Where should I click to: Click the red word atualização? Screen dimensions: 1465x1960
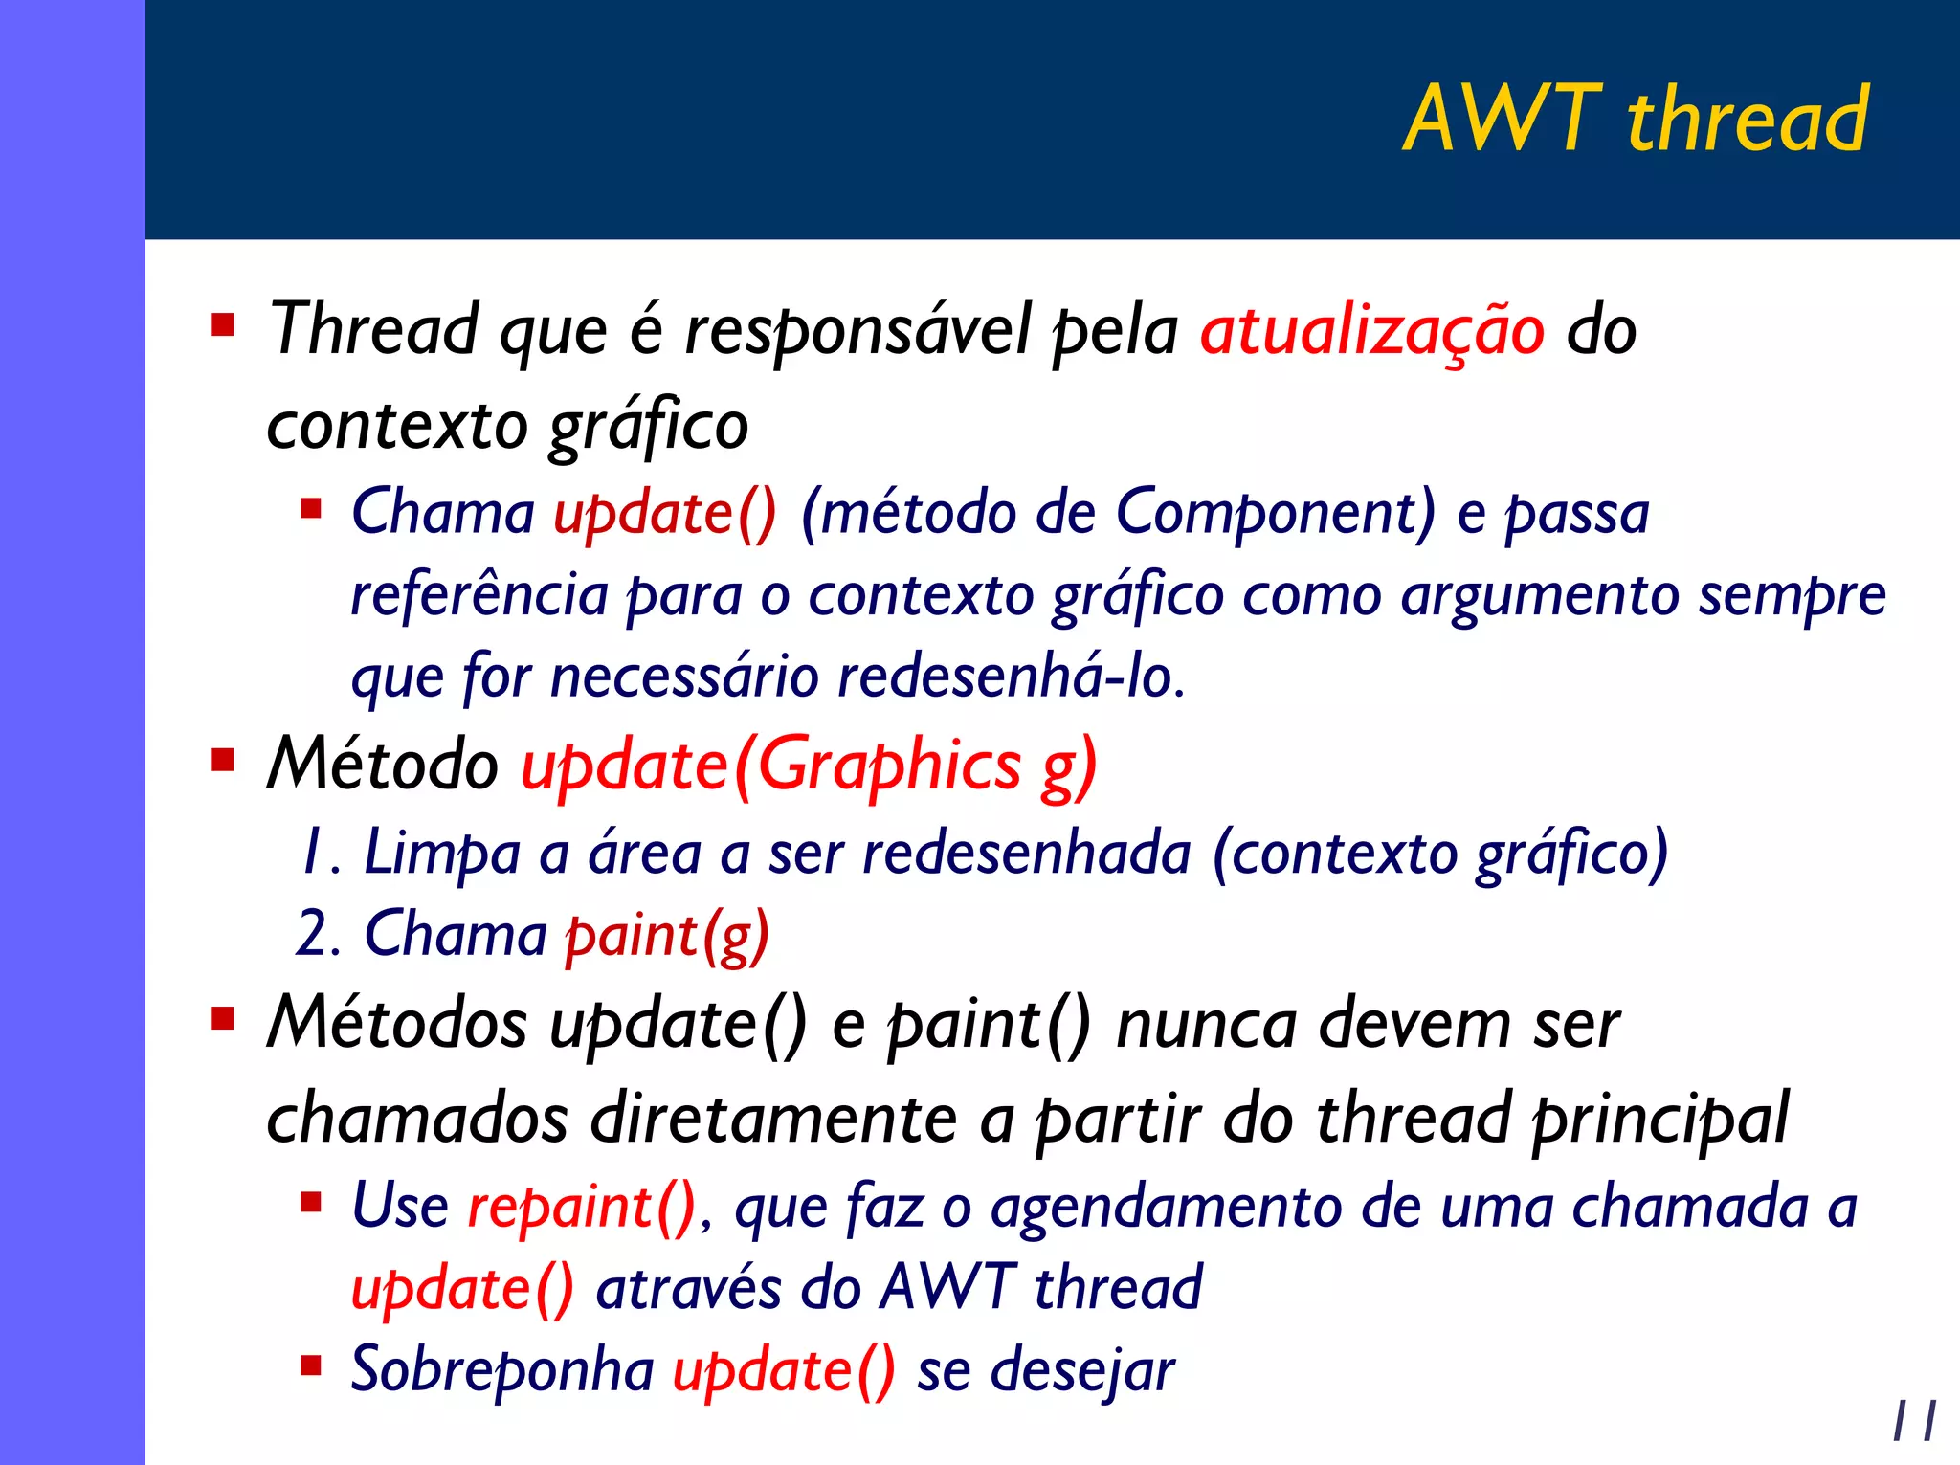pos(1371,331)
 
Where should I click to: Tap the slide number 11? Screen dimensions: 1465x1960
pos(1914,1421)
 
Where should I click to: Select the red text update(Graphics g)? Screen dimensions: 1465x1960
pos(809,766)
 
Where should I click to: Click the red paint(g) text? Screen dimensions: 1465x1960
pos(667,935)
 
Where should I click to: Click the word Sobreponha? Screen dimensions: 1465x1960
pos(502,1370)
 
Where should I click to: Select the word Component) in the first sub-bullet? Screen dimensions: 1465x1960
pos(1276,513)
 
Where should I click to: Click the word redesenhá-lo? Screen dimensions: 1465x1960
pos(1011,677)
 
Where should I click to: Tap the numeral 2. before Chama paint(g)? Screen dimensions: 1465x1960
pos(318,934)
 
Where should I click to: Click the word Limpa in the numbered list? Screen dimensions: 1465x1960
pos(441,853)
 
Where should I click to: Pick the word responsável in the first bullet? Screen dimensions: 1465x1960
pos(857,331)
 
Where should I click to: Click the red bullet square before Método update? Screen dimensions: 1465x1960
pos(223,761)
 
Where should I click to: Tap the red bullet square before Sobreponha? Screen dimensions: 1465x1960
pos(311,1365)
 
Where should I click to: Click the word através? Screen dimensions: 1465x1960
pos(688,1288)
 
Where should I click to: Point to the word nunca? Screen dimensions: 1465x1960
pos(1207,1024)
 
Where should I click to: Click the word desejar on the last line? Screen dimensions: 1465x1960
pos(1081,1370)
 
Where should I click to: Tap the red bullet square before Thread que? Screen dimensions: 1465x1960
pos(223,325)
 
